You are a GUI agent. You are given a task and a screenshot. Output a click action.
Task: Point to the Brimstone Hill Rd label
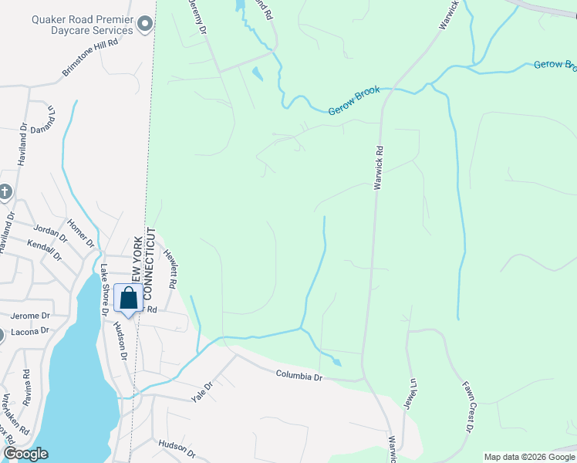click(x=90, y=58)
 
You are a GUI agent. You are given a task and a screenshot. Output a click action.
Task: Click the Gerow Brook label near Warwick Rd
click(x=354, y=101)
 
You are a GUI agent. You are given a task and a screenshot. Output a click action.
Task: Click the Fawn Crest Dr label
click(x=467, y=406)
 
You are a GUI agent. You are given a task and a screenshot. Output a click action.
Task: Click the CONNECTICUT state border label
click(x=151, y=265)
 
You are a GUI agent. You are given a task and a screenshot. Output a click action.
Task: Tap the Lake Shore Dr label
click(x=103, y=290)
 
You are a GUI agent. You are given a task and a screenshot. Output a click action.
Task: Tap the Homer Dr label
click(x=80, y=232)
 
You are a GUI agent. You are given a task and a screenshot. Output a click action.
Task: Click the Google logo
click(x=25, y=454)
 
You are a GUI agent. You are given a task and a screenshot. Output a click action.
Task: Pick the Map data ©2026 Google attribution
click(x=528, y=457)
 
